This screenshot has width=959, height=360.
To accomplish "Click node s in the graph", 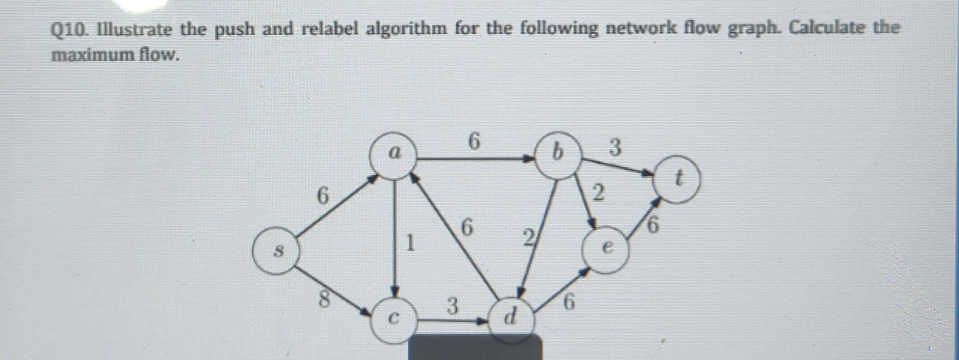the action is (x=277, y=252).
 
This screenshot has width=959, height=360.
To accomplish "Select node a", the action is (x=395, y=155).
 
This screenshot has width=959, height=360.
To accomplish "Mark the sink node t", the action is (x=678, y=179).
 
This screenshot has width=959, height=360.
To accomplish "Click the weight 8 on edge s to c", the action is (x=323, y=298).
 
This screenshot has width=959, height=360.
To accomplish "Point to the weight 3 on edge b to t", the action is (x=615, y=147).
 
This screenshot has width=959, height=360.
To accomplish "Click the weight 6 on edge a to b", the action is (x=474, y=141).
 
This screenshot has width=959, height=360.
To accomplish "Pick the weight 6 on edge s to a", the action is (x=322, y=195).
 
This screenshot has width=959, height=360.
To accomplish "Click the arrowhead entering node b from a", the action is (x=527, y=159).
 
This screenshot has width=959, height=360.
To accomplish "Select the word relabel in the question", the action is (x=330, y=29).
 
